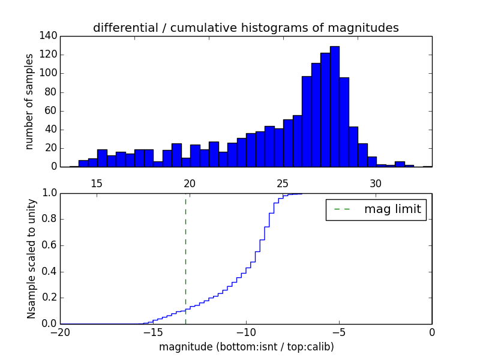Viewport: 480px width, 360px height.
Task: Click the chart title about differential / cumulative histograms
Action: [246, 28]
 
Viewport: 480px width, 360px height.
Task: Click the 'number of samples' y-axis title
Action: [29, 101]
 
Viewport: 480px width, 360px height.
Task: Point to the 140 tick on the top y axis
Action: [50, 36]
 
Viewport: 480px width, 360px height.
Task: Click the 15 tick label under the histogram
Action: [97, 183]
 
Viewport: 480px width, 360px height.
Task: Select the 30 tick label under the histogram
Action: [376, 183]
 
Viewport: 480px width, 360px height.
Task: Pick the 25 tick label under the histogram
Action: [283, 183]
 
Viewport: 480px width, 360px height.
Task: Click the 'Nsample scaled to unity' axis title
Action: [32, 259]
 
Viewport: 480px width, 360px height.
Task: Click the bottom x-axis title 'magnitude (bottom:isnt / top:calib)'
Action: [246, 347]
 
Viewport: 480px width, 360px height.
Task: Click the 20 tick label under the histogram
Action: [190, 183]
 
